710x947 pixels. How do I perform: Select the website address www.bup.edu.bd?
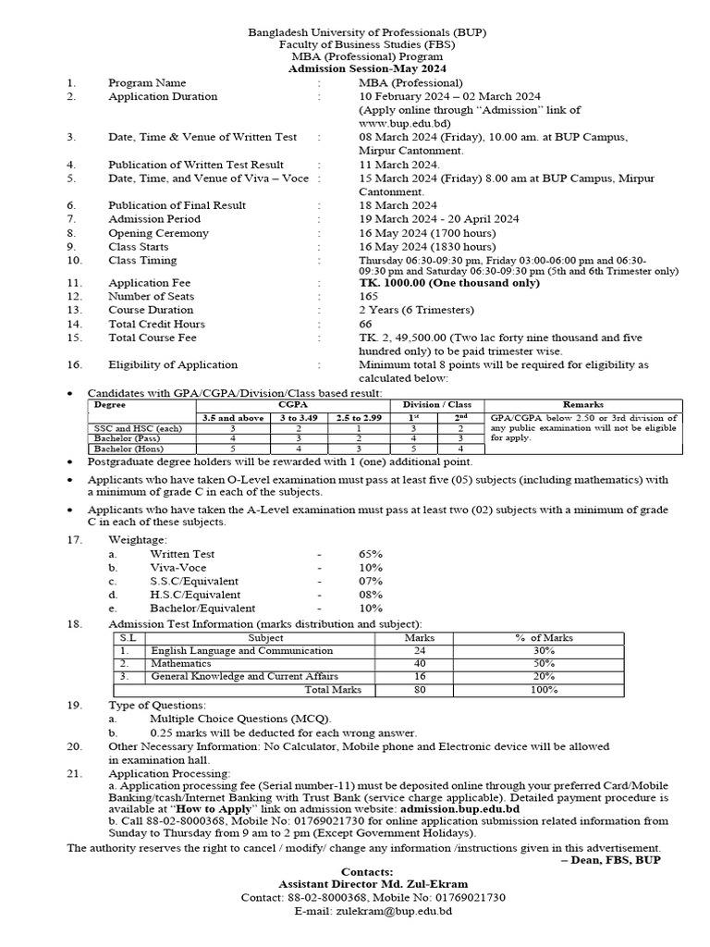click(405, 122)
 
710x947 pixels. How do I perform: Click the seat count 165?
click(368, 296)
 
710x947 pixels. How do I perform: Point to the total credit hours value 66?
click(365, 324)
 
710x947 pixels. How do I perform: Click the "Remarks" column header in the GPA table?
click(582, 405)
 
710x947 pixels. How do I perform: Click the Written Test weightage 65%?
click(371, 554)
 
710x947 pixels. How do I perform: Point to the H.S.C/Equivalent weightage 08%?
click(371, 595)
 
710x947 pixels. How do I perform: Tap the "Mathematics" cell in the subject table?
click(181, 664)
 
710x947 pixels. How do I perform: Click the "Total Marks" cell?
click(333, 690)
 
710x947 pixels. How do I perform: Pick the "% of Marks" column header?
click(544, 638)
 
